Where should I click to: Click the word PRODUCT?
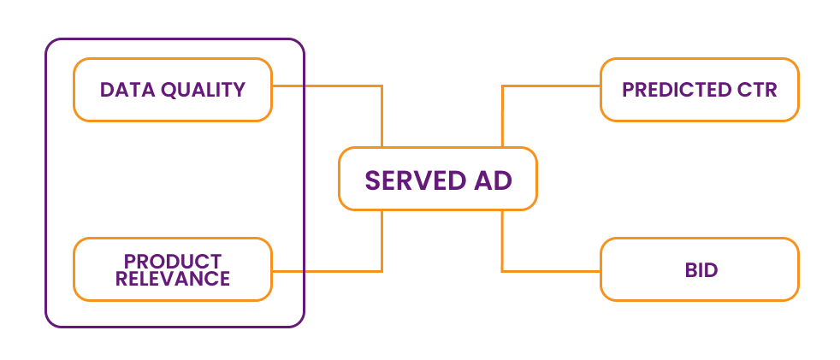click(x=173, y=261)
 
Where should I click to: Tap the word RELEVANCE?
click(x=173, y=278)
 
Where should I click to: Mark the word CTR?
click(x=758, y=90)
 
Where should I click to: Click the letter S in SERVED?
click(x=373, y=180)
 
